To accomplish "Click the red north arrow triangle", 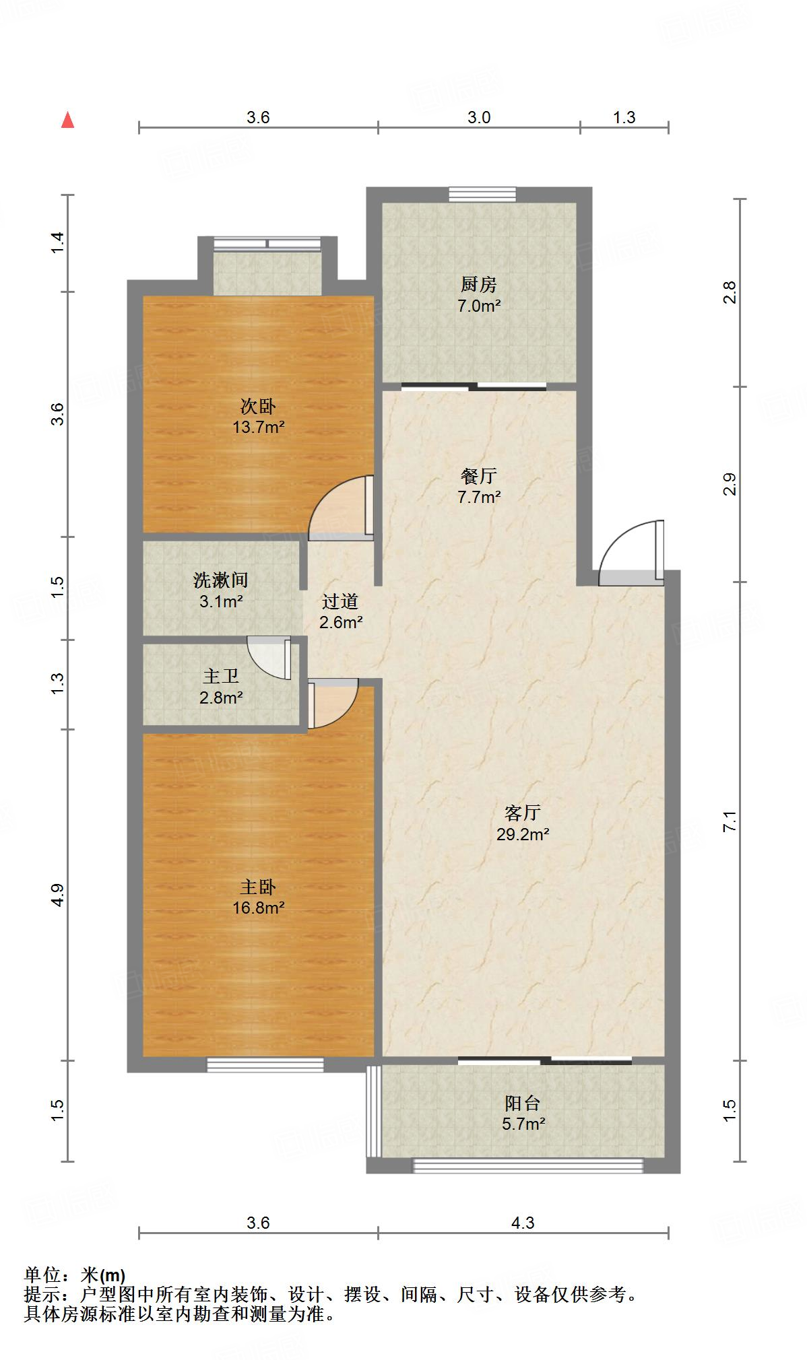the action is click(x=67, y=121).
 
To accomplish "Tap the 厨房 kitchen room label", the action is click(x=479, y=284).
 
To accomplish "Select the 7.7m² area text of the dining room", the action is click(x=479, y=498).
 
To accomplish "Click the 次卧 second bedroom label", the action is click(x=258, y=407).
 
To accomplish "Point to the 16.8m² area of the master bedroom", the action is click(x=258, y=908).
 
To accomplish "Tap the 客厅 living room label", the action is click(x=522, y=813).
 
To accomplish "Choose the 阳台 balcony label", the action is click(x=522, y=1103).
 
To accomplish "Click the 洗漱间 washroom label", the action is click(x=221, y=580).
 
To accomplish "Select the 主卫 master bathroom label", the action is click(x=221, y=677).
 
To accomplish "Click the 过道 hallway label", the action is click(x=340, y=601).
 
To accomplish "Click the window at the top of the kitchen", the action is click(x=482, y=195).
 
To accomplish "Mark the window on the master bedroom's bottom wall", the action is click(x=265, y=1064).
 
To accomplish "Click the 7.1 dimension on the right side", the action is click(x=730, y=822).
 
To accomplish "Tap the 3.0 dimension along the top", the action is click(x=479, y=117).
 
